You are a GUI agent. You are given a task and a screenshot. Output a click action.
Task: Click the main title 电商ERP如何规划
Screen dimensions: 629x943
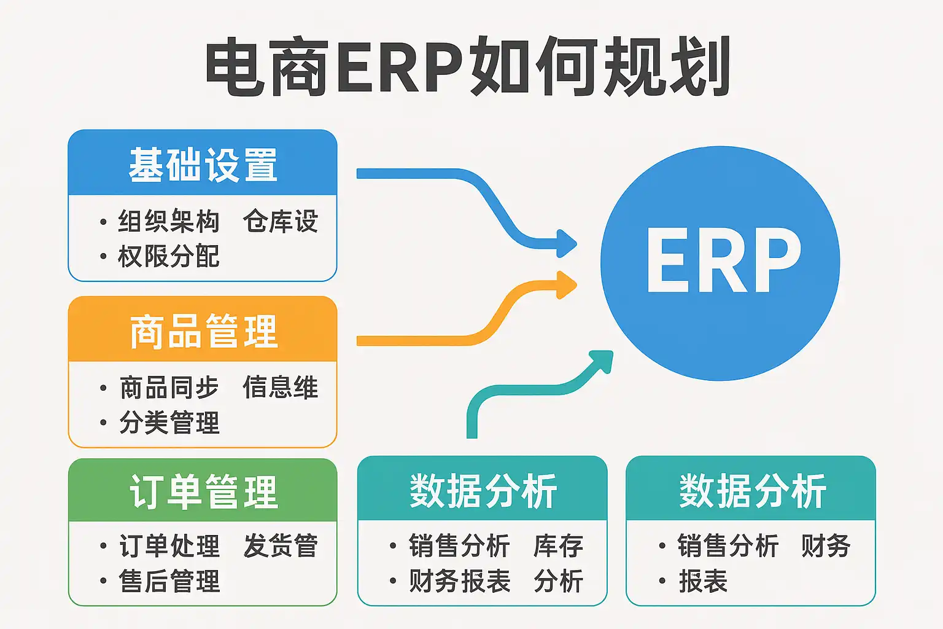(468, 66)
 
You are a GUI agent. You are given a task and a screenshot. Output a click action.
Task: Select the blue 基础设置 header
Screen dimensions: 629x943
(203, 165)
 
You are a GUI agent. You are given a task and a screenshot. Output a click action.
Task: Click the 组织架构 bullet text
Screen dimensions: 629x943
(169, 221)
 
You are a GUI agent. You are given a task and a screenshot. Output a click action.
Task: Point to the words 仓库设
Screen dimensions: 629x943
(281, 221)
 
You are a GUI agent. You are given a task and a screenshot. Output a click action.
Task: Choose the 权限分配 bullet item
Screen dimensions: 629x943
(169, 256)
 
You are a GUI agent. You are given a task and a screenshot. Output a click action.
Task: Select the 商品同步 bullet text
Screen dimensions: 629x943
(169, 388)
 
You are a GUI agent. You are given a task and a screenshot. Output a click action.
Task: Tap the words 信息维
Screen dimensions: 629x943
(281, 388)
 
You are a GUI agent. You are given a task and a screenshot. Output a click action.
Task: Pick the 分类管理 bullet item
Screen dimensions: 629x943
(169, 423)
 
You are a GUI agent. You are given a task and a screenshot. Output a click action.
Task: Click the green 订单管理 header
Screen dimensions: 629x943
(203, 491)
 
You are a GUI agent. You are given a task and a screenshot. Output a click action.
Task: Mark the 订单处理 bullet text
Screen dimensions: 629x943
(169, 545)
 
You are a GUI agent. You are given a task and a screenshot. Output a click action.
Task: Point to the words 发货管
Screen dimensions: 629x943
(281, 545)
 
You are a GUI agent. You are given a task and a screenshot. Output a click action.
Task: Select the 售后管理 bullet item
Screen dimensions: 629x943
(169, 581)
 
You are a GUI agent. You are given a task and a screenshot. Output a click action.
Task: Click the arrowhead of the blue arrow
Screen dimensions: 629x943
(567, 243)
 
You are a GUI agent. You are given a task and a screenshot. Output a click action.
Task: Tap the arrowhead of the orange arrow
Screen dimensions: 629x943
(567, 284)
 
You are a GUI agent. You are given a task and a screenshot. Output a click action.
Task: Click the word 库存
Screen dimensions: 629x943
(558, 545)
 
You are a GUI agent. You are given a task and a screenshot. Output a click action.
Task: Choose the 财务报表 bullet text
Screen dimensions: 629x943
(459, 581)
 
